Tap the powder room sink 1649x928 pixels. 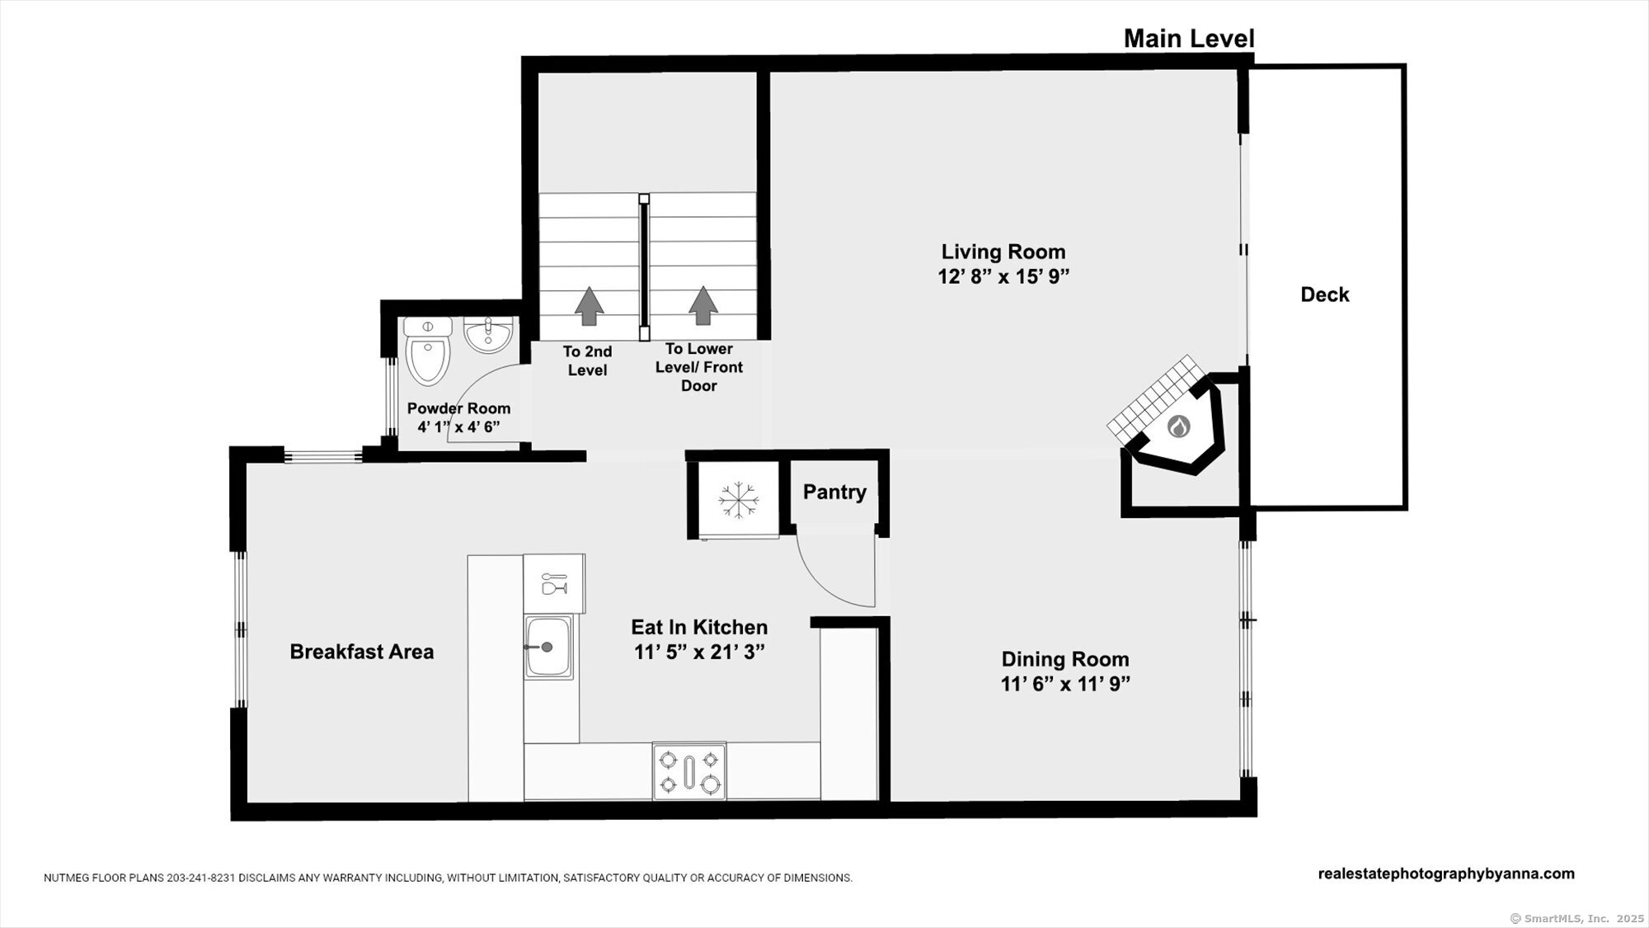(x=488, y=334)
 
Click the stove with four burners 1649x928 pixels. (x=689, y=771)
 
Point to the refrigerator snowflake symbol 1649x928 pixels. (x=738, y=500)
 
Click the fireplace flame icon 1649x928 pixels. (x=1179, y=426)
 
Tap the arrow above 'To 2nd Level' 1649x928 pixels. (x=589, y=305)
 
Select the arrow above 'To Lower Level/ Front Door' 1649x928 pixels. (x=702, y=305)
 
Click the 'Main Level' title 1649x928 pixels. (x=1189, y=38)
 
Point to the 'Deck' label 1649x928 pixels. (x=1325, y=294)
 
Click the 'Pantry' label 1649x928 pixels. (x=834, y=492)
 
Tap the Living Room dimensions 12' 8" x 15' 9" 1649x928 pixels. (x=1003, y=276)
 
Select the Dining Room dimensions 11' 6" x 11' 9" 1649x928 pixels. (x=1065, y=684)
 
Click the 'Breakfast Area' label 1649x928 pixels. (x=361, y=652)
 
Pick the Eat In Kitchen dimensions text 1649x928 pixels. (x=699, y=652)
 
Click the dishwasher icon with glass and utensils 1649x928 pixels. (x=554, y=583)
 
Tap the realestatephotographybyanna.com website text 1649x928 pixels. (x=1446, y=874)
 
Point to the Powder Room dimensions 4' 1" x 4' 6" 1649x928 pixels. (x=458, y=427)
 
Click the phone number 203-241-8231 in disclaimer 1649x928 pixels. (x=201, y=878)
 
